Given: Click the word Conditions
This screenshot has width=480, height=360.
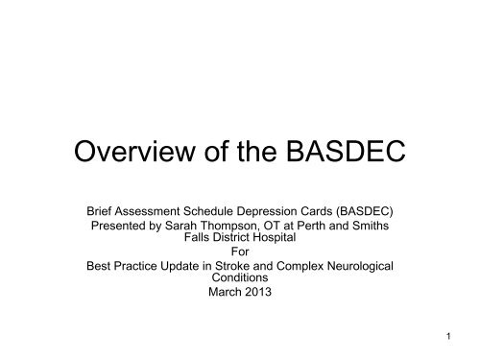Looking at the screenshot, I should (x=240, y=282).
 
